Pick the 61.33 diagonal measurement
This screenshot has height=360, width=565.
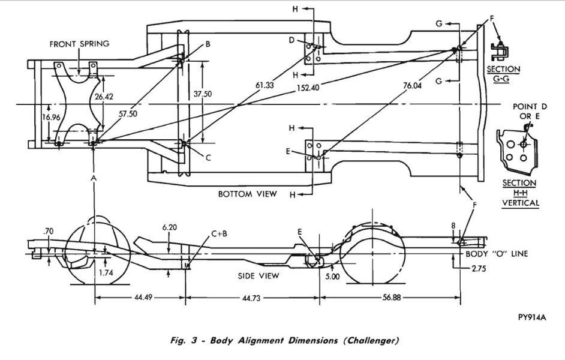[264, 86]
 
